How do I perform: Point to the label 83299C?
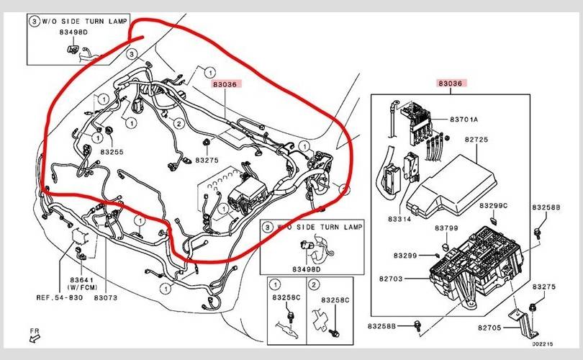point(494,205)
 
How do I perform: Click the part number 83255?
point(112,152)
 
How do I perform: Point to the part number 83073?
point(105,297)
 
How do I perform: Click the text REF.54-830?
point(60,297)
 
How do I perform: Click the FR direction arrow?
point(35,335)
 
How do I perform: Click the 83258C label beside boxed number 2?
point(335,299)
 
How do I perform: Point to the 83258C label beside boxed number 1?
point(286,299)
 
